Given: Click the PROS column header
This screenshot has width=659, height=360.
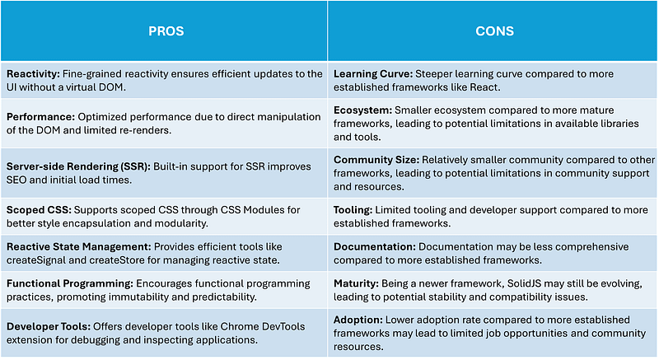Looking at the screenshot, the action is (x=166, y=31).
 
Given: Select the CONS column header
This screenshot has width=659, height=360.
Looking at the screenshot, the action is (x=495, y=31).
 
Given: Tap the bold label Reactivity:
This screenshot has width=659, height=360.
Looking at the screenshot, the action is (x=33, y=74).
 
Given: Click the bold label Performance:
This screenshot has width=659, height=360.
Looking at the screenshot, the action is (x=40, y=117).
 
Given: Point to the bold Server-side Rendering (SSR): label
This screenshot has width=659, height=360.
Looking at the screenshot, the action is (x=78, y=166).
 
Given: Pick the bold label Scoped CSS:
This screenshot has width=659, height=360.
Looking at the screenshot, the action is (x=39, y=210).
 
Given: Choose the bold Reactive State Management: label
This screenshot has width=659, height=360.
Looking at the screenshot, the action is (x=78, y=247).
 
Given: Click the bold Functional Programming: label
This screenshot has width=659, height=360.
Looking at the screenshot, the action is (x=70, y=283).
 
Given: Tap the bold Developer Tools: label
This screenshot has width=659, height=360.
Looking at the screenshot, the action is (x=49, y=326).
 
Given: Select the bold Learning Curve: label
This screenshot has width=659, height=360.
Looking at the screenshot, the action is (x=373, y=74).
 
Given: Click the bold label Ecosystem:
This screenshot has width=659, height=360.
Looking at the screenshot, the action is (x=362, y=110).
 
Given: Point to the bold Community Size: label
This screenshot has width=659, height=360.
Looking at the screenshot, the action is (x=376, y=160).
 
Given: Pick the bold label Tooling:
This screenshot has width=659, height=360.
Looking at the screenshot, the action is (x=353, y=210).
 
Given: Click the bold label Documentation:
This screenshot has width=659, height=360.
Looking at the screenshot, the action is (x=375, y=247).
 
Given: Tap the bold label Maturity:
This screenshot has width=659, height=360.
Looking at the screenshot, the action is (x=356, y=283).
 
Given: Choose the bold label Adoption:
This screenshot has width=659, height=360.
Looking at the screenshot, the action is (x=358, y=320).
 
